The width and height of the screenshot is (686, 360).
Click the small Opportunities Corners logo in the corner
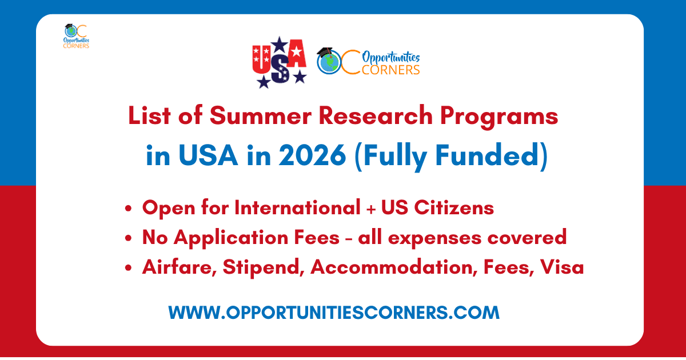coord(76,36)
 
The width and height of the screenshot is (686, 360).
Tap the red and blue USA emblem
coord(280,62)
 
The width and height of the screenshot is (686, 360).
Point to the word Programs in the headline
coord(499,117)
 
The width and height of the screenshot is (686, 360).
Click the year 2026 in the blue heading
coord(312,155)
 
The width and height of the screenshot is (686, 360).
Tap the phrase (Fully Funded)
coord(451,157)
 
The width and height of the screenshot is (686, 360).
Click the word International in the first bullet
coord(297,207)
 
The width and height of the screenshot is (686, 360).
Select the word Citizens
coord(454,207)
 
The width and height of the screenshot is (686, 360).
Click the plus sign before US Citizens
coord(371,209)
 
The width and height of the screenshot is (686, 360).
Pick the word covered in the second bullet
coord(527,237)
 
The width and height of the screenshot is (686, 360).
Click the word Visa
coord(562,267)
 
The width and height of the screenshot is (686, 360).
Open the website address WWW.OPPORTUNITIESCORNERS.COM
coord(334,313)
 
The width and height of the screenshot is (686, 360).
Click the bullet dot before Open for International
coord(128,209)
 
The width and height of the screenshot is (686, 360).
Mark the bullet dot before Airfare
coord(128,268)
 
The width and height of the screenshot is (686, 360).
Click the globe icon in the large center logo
coord(329,62)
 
